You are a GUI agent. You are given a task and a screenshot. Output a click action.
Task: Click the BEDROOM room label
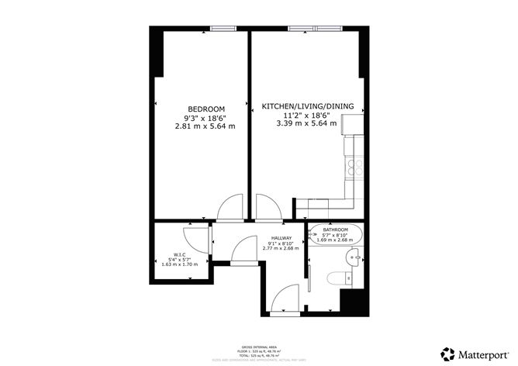(205, 109)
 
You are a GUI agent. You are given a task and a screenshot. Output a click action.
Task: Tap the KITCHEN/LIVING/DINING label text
(299, 105)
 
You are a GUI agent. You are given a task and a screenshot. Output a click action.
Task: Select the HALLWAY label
(281, 238)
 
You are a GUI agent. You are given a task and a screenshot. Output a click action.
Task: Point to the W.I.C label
(179, 254)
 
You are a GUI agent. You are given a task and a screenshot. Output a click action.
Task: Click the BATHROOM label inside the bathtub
(336, 230)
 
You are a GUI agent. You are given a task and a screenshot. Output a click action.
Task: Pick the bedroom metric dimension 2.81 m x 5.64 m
(205, 126)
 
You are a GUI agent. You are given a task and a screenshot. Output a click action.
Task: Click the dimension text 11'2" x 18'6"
(299, 114)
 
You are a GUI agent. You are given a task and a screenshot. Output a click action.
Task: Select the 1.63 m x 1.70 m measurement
(179, 265)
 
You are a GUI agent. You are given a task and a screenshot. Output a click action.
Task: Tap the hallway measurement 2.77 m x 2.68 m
(281, 249)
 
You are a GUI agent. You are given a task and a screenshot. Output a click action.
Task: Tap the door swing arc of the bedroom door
(230, 206)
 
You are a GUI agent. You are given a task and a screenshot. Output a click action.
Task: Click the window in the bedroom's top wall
(223, 30)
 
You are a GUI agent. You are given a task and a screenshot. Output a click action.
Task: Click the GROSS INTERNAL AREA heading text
(258, 347)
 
